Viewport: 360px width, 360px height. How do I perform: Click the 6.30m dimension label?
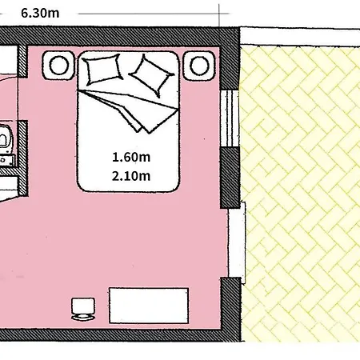coord(40,14)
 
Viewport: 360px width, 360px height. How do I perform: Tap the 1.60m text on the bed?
coord(131,157)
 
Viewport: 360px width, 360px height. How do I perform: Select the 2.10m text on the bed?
coord(131,176)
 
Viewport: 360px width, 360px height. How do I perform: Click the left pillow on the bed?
coord(102,70)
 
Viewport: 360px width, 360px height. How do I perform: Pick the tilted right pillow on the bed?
coord(151,75)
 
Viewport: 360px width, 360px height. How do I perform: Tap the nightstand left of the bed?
coord(58,66)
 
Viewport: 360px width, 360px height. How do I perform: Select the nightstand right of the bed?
coord(199,66)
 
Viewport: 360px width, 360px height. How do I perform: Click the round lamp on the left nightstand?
coord(58,66)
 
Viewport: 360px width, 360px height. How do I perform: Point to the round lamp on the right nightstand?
coord(199,66)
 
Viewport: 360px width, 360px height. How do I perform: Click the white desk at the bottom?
coord(149,306)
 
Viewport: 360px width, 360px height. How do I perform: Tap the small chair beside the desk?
coord(83,309)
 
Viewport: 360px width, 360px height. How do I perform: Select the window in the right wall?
coord(230,118)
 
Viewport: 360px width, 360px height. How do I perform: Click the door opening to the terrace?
coord(237,242)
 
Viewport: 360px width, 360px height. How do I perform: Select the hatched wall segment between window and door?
coord(230,178)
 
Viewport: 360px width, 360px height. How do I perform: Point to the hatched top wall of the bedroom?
coord(119,37)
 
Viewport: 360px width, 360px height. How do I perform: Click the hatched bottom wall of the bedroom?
coord(120,335)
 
